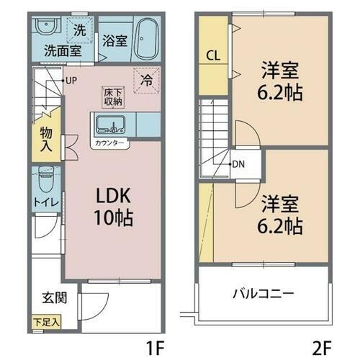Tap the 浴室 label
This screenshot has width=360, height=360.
[x=114, y=41]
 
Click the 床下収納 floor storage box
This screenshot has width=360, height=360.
[x=112, y=96]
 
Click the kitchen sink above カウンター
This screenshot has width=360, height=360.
[x=112, y=125]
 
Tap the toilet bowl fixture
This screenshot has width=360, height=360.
[x=47, y=177]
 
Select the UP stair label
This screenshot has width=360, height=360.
[x=72, y=81]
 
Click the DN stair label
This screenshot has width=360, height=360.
[x=238, y=163]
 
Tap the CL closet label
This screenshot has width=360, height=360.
[x=213, y=55]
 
